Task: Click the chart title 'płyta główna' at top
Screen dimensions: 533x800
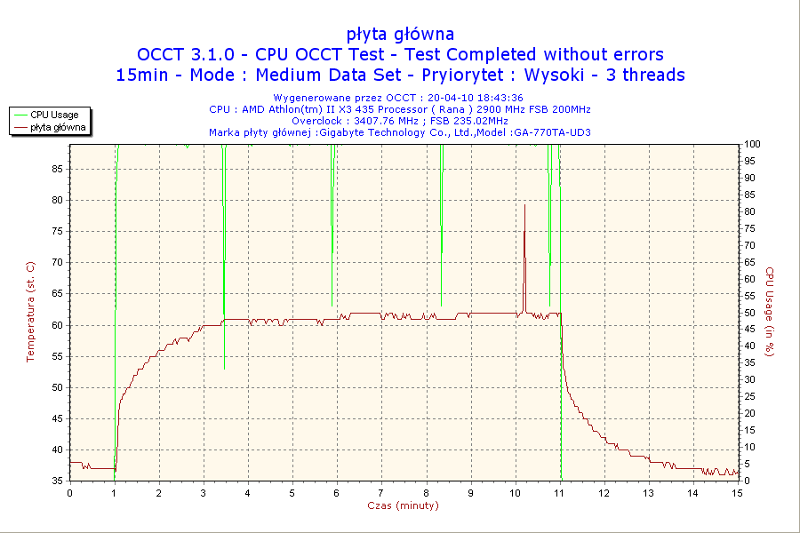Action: click(x=400, y=34)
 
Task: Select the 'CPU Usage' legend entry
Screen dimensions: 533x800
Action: click(x=54, y=115)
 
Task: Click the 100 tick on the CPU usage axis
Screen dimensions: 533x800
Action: click(x=751, y=144)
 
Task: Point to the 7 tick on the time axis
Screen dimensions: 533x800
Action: click(x=381, y=493)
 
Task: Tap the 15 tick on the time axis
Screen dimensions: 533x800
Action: click(x=737, y=493)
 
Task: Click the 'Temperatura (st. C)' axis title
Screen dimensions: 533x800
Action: click(x=30, y=312)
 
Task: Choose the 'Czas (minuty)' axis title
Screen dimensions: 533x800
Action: click(x=403, y=505)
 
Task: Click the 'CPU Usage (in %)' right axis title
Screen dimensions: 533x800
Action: click(x=770, y=312)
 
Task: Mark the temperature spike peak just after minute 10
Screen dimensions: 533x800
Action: click(x=524, y=205)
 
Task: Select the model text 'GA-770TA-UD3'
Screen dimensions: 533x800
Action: click(x=552, y=132)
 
